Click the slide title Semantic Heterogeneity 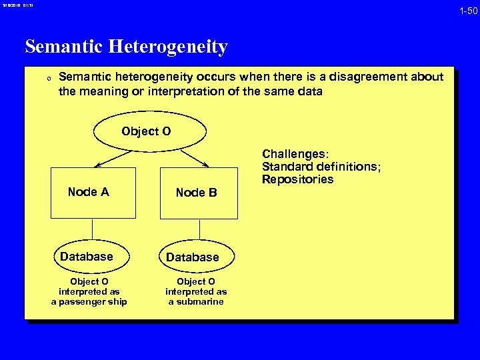(x=126, y=47)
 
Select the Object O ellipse (x=146, y=131)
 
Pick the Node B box (x=199, y=193)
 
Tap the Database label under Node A (x=87, y=256)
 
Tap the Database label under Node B (x=192, y=257)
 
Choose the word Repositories (x=297, y=179)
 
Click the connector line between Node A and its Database (x=93, y=230)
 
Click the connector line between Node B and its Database (x=198, y=230)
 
